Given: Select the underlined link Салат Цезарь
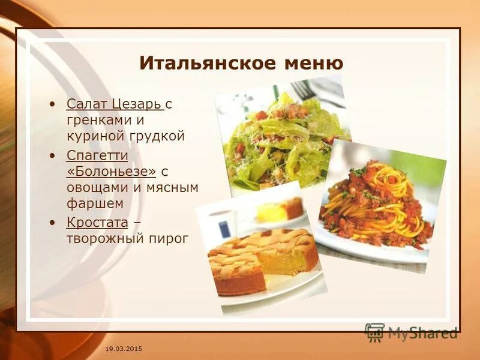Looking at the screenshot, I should (x=115, y=104).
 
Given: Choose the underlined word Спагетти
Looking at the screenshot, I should (x=97, y=155).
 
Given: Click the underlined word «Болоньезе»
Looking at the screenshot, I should (x=112, y=172).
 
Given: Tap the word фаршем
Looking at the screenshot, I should (x=95, y=204).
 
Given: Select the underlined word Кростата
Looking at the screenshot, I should (x=97, y=223).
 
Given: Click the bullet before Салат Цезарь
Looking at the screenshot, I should (x=55, y=104).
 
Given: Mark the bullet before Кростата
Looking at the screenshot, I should (x=55, y=223).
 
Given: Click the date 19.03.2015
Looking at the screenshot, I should (x=124, y=349).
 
